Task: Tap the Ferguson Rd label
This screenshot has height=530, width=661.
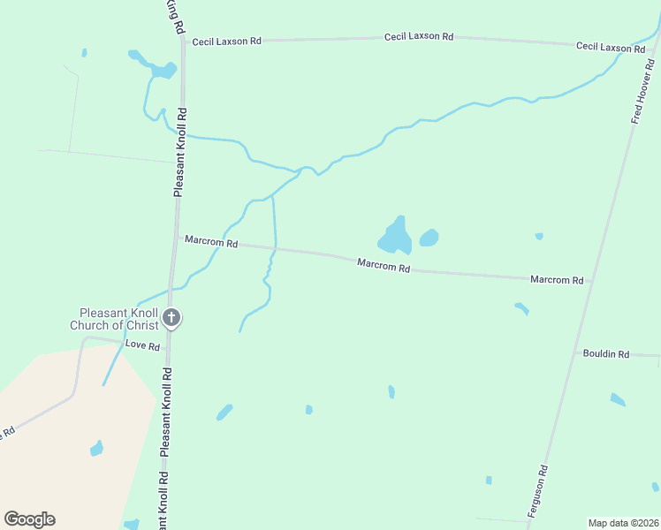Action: (x=538, y=492)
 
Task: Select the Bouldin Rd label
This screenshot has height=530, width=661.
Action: (x=605, y=353)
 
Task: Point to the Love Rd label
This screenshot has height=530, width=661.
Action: (x=141, y=344)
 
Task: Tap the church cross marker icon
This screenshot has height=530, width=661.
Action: (x=172, y=317)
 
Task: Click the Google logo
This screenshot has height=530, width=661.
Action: (x=29, y=519)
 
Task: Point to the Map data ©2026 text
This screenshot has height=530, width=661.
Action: (x=623, y=523)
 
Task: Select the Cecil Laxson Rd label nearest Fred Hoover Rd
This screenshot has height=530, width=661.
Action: (x=604, y=46)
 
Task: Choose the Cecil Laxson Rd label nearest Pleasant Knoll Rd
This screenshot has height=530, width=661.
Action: (x=227, y=41)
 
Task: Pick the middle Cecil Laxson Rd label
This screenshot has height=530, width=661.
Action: (x=419, y=36)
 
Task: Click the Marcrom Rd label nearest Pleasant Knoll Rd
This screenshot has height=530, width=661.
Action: (x=211, y=242)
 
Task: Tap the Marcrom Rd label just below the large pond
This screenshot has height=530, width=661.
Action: (x=384, y=265)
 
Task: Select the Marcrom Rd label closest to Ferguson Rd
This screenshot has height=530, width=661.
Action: (x=557, y=279)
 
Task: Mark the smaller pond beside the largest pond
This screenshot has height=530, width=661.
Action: (x=429, y=238)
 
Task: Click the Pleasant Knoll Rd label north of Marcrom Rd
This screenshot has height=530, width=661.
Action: (x=179, y=152)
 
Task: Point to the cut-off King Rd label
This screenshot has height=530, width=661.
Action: (x=177, y=16)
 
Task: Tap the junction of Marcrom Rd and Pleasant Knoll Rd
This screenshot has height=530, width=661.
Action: (x=177, y=237)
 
